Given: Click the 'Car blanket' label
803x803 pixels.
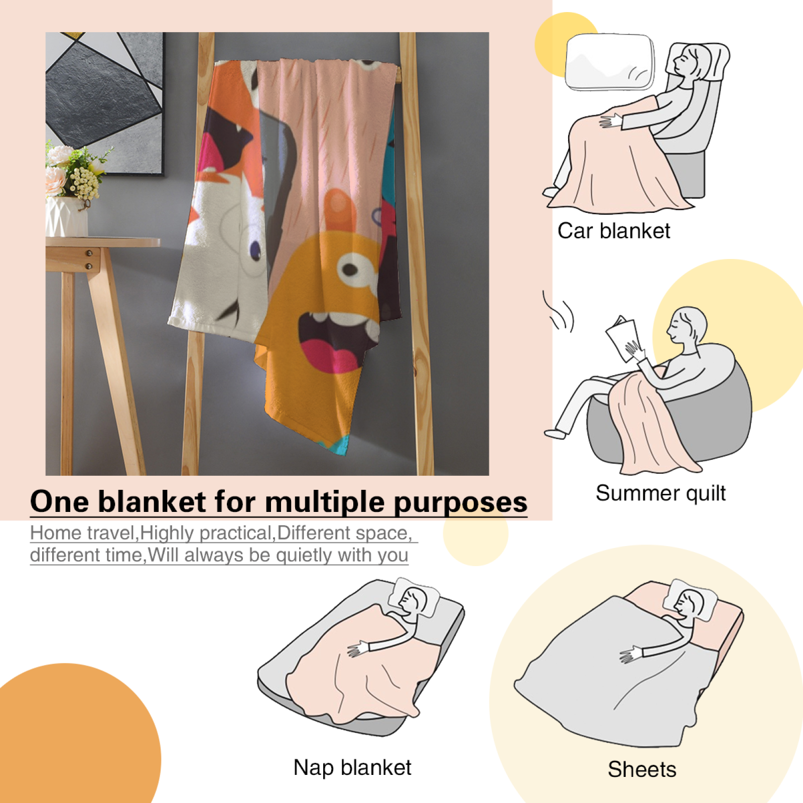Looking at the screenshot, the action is coord(613,231).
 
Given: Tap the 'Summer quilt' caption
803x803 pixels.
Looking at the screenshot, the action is coord(660,493).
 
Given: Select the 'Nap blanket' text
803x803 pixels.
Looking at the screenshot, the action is coord(352,768).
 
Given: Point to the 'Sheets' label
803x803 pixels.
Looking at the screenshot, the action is coord(642,769).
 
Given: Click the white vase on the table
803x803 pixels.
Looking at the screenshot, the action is coord(66,217).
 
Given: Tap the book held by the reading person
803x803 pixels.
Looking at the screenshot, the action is coord(622,338).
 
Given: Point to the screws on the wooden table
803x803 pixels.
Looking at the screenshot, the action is coord(89,259).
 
